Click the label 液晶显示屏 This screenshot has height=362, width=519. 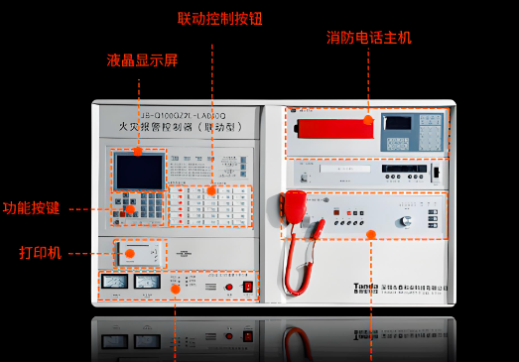pos(142,60)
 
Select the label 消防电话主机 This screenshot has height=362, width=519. pos(369,38)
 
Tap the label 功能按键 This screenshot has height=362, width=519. pos(31,209)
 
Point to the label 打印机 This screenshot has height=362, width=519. pos(41,253)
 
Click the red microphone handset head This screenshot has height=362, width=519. pos(295,205)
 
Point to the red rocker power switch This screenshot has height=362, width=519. pos(247,287)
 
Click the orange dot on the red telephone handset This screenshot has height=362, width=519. pos(368,120)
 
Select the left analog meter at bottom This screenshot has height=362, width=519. pos(115,282)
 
